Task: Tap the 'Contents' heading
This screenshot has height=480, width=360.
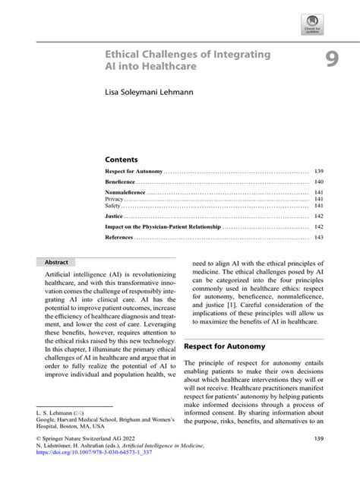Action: click(x=122, y=159)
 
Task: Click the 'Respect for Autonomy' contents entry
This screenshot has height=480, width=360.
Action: click(x=132, y=172)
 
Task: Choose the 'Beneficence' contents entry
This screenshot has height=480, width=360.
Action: click(x=121, y=183)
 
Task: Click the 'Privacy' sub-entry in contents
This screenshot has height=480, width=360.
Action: click(x=114, y=200)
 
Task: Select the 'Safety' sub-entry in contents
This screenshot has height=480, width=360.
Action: click(x=113, y=206)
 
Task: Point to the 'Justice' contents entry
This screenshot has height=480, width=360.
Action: click(x=114, y=216)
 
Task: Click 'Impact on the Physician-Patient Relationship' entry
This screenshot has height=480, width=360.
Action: click(x=163, y=227)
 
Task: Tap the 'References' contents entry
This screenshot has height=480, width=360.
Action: click(x=120, y=238)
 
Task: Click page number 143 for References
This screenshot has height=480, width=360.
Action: click(x=319, y=238)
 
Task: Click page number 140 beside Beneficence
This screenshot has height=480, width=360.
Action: click(x=319, y=183)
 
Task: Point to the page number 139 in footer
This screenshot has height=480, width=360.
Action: click(x=318, y=440)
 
